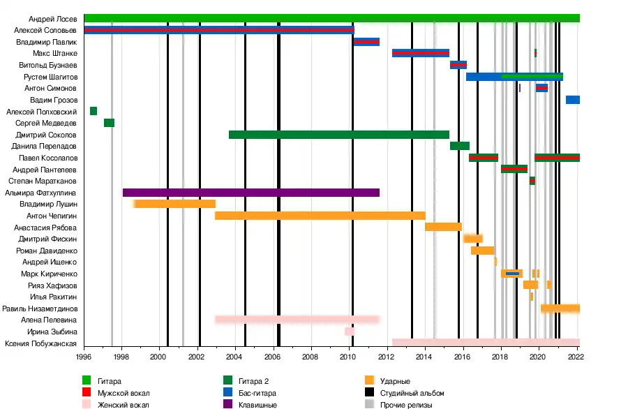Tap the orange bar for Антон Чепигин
point(320,216)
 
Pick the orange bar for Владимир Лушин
point(174,204)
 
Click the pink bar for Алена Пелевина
point(297,320)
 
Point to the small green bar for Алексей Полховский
point(94,111)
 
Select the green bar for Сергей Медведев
point(109,123)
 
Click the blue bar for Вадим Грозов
point(573,100)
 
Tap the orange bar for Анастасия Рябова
point(443,227)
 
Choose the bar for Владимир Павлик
point(366,42)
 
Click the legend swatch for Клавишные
point(227,405)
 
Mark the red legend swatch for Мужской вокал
point(87,393)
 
